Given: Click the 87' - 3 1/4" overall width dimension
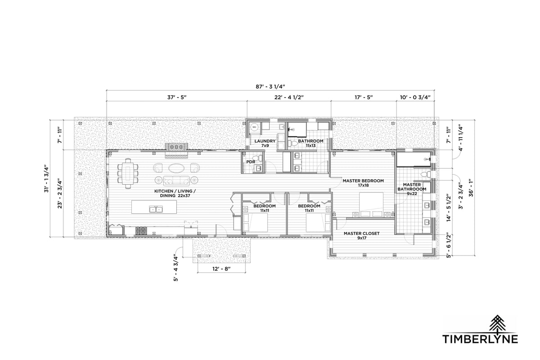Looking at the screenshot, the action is click(270, 86).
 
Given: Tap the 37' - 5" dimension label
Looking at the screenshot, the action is click(177, 97).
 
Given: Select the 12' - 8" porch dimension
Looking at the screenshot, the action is click(221, 269).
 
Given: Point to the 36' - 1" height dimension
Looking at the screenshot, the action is click(471, 188).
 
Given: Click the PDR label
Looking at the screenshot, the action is click(251, 162).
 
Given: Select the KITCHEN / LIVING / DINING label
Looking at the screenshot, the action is click(175, 193).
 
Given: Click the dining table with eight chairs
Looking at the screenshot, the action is click(128, 173).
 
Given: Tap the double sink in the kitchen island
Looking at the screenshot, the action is click(156, 209).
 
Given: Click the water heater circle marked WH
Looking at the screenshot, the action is click(254, 126).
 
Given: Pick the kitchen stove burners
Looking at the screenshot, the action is click(141, 231).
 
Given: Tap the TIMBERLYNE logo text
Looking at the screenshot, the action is click(480, 338).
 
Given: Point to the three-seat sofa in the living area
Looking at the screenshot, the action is click(176, 180).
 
